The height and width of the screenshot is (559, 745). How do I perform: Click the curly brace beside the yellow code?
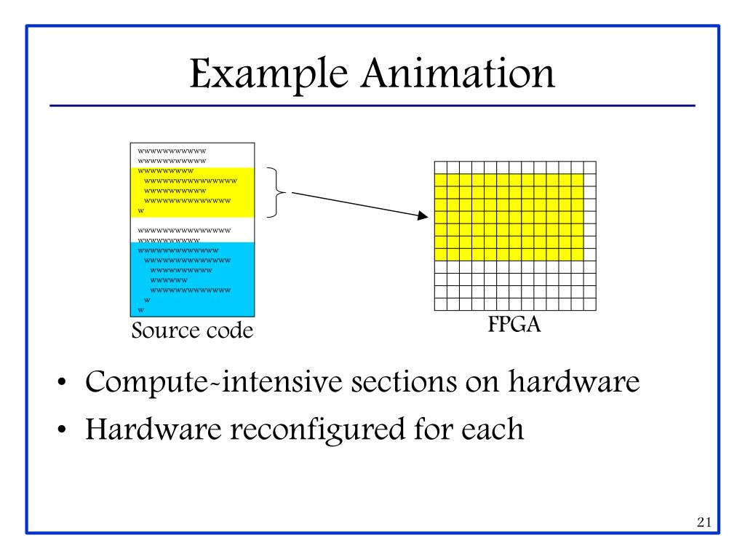point(274,192)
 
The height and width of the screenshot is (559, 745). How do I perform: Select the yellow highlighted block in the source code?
point(193,192)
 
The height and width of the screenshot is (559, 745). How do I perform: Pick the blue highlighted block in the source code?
point(193,277)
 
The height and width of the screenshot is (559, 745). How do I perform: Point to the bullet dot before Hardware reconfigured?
point(64,429)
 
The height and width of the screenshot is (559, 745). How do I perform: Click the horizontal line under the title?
point(372,106)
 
